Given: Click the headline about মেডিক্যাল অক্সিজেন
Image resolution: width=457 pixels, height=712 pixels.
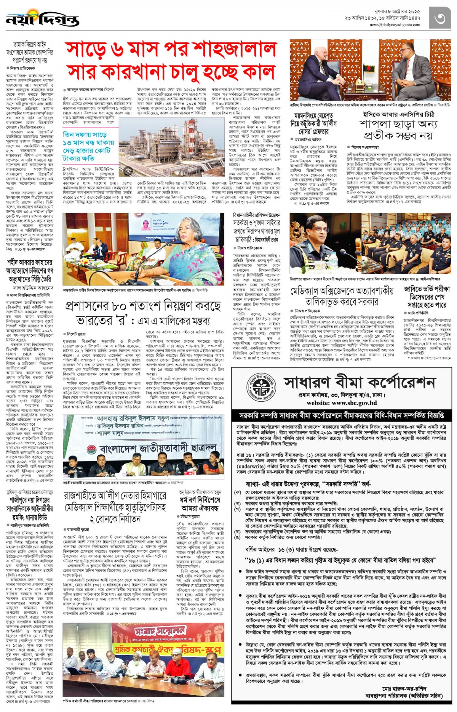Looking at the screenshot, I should [342, 296].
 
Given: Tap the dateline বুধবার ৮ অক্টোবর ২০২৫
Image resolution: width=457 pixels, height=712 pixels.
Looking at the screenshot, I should [395, 11].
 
